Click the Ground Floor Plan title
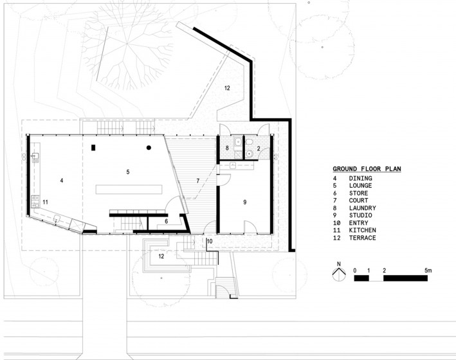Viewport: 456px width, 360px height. [x=367, y=169]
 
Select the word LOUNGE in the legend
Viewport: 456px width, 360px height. [x=360, y=186]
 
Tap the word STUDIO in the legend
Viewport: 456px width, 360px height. [x=360, y=215]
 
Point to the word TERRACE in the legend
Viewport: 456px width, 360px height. [x=362, y=238]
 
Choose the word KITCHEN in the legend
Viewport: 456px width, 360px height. [x=362, y=230]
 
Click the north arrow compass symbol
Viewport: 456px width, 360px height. [x=339, y=274]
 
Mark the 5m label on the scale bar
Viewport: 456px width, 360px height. [x=428, y=271]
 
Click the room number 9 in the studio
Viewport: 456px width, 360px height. [x=245, y=202]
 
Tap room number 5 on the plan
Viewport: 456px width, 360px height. [x=128, y=172]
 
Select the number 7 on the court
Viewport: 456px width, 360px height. [x=197, y=181]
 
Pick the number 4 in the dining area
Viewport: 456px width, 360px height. [x=62, y=181]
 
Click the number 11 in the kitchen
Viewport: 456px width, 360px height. [x=46, y=202]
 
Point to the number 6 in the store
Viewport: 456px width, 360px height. [x=167, y=221]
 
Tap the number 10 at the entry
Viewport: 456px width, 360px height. [x=210, y=241]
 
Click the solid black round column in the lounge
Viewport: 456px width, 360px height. [x=149, y=148]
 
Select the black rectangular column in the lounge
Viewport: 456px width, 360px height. [x=93, y=148]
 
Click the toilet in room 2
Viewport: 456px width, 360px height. [x=250, y=142]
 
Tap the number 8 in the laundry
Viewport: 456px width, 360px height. [x=227, y=148]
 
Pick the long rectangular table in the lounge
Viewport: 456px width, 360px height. [x=129, y=189]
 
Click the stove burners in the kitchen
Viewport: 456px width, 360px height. [x=35, y=201]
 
